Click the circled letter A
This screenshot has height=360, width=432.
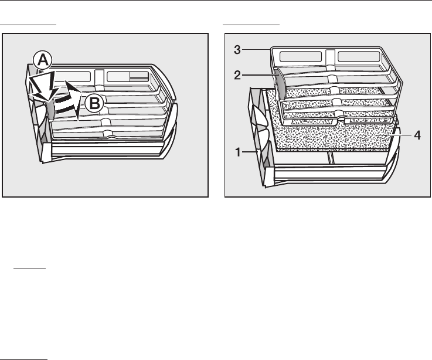pos(42,60)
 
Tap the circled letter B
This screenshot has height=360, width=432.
pos(94,104)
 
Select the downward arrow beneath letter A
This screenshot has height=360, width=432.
pos(43,86)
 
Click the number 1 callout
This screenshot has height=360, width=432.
pos(239,152)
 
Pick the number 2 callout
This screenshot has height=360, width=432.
pos(237,75)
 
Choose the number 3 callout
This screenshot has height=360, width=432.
pos(237,50)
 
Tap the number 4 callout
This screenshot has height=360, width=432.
pos(417,135)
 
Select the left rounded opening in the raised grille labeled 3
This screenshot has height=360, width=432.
pos(300,56)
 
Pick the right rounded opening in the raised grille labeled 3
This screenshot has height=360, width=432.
pos(359,56)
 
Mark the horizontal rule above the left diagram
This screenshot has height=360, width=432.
pos(28,25)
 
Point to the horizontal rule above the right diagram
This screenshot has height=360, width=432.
pos(251,25)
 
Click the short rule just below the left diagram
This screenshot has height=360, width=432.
pos(29,268)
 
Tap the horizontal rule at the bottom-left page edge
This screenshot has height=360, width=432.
pos(23,359)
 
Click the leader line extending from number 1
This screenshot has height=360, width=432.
pos(250,152)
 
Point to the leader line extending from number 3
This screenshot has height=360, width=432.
pos(256,50)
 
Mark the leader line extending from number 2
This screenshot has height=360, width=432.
pos(259,75)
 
